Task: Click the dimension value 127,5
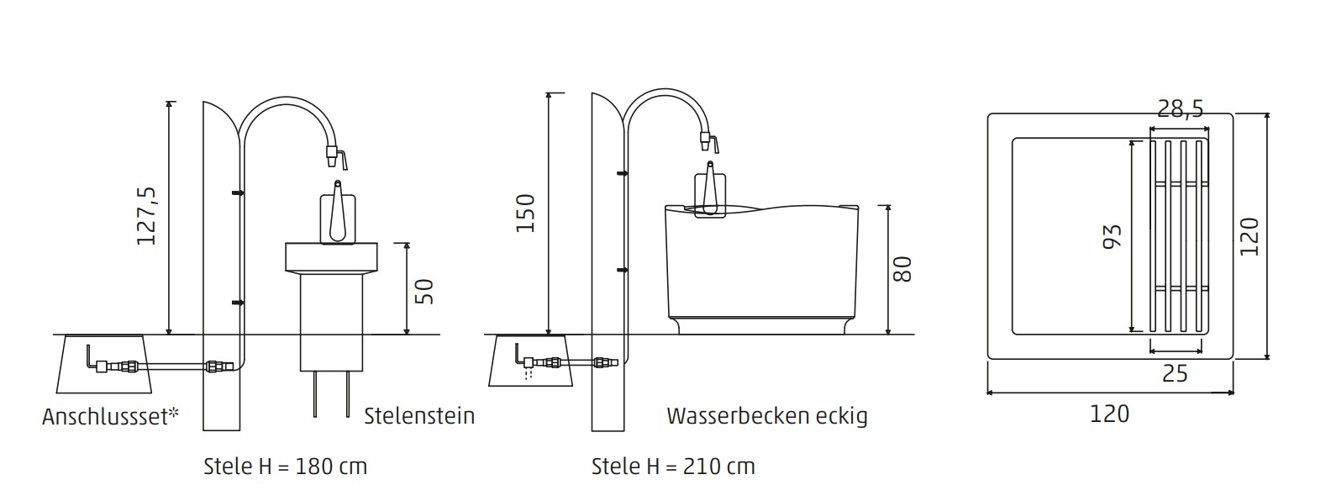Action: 146,216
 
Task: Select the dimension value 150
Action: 526,214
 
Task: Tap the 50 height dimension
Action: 424,291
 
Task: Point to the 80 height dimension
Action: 902,269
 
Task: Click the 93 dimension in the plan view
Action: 1113,236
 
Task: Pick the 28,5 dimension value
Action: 1180,108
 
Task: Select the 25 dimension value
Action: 1175,373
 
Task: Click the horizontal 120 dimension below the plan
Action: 1109,414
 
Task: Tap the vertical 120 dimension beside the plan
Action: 1249,236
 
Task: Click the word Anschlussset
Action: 106,417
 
